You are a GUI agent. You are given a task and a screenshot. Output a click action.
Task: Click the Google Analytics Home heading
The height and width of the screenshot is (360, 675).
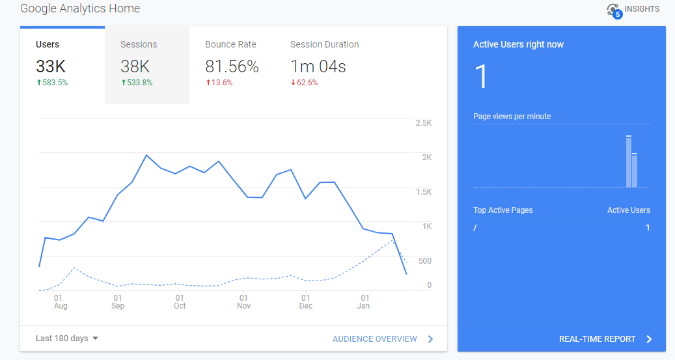(x=80, y=8)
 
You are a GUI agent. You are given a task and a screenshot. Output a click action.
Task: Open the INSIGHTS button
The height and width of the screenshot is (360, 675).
(x=633, y=10)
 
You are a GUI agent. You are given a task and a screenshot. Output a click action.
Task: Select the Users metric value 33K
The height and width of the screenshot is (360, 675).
(x=51, y=66)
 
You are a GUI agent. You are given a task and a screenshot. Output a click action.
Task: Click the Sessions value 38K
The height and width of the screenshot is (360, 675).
(x=135, y=66)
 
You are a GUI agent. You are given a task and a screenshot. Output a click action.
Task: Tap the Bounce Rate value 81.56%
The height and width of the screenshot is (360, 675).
(x=232, y=66)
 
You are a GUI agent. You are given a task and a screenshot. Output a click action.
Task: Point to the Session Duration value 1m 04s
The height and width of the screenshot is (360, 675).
(x=318, y=66)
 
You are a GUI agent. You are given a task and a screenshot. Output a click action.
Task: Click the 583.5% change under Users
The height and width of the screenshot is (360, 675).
(x=52, y=83)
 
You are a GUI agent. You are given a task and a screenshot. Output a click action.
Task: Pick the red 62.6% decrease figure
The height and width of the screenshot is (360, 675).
(x=305, y=83)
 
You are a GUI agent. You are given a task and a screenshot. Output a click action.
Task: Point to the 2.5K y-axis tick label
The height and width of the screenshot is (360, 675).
(x=424, y=123)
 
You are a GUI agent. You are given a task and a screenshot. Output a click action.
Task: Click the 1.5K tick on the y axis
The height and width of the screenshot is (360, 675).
(x=424, y=191)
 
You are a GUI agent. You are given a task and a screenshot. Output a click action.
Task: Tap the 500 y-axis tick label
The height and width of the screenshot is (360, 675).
(x=425, y=260)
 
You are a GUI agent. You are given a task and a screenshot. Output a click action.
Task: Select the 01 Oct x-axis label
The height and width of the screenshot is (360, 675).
(x=180, y=301)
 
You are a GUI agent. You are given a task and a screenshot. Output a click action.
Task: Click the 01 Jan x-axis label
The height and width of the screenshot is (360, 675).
(x=365, y=301)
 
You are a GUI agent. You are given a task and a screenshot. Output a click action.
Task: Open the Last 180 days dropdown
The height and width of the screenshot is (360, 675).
(x=67, y=339)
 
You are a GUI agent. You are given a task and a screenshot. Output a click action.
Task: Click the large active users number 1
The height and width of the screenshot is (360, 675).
(x=481, y=77)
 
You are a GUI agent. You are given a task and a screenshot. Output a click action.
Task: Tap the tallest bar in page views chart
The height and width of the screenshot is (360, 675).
(x=629, y=161)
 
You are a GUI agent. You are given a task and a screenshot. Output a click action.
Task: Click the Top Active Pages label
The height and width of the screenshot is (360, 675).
(x=503, y=210)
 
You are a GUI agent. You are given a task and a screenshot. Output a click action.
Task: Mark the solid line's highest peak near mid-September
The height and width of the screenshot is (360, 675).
(x=146, y=155)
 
